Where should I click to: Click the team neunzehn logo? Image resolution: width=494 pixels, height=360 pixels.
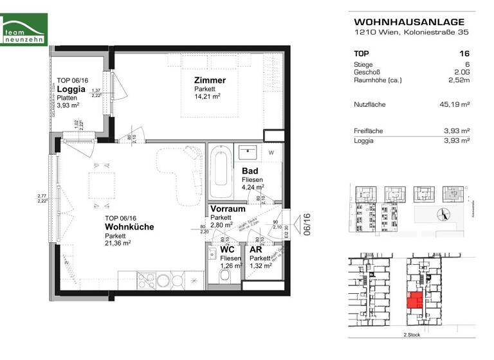24,29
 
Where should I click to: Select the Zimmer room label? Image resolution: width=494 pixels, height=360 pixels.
210,80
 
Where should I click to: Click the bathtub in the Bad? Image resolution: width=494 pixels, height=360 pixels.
219,172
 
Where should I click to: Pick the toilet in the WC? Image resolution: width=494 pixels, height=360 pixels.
225,275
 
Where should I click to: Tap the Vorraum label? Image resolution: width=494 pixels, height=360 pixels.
228,209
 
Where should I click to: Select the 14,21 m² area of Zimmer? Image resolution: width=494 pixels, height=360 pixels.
208,97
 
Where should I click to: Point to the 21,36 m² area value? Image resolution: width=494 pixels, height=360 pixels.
118,243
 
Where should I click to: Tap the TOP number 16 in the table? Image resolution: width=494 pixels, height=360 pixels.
464,54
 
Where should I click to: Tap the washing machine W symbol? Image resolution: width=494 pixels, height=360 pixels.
271,152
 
